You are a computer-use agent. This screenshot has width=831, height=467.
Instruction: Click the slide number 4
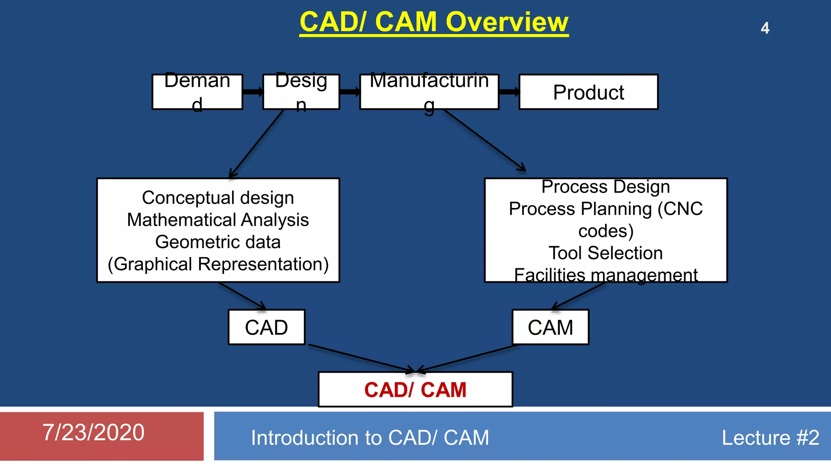(x=765, y=28)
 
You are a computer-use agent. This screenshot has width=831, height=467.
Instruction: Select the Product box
(x=588, y=92)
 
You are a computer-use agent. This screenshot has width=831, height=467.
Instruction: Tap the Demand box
(x=197, y=92)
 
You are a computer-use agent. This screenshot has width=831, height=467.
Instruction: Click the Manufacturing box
(x=429, y=92)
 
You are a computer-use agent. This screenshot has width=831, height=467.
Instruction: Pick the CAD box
(x=267, y=327)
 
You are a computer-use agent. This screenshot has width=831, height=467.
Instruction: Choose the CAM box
(x=550, y=327)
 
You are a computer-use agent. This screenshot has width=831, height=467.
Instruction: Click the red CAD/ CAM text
(x=415, y=390)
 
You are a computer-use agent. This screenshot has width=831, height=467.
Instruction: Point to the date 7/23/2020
(x=93, y=432)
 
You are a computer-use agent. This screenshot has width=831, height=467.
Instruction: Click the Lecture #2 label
(x=770, y=438)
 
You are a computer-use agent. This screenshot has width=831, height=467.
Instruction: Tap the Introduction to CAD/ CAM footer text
(x=370, y=438)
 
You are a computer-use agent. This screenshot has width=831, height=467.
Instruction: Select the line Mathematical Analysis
(x=218, y=220)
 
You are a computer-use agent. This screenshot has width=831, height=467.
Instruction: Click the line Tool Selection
(x=605, y=253)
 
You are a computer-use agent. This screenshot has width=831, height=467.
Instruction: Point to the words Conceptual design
(x=218, y=198)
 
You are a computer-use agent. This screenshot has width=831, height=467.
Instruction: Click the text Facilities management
(x=605, y=275)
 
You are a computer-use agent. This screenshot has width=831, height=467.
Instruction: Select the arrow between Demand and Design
(x=253, y=92)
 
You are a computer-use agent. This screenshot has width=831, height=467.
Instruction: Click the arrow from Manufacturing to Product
(x=509, y=92)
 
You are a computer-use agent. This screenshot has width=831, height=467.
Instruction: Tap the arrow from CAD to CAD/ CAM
(x=361, y=358)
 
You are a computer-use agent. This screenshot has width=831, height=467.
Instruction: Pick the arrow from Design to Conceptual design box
(x=256, y=144)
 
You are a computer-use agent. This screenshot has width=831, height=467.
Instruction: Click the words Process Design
(x=605, y=187)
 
